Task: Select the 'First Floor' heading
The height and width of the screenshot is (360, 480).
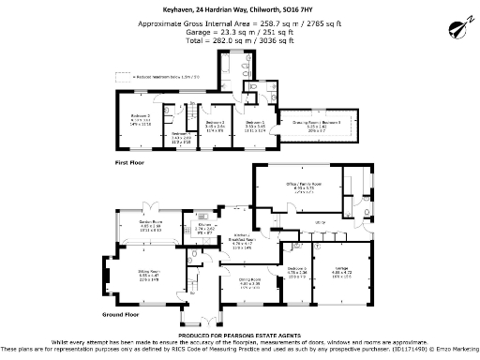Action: click(x=129, y=162)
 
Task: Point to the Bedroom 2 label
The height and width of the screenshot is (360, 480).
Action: click(x=142, y=115)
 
